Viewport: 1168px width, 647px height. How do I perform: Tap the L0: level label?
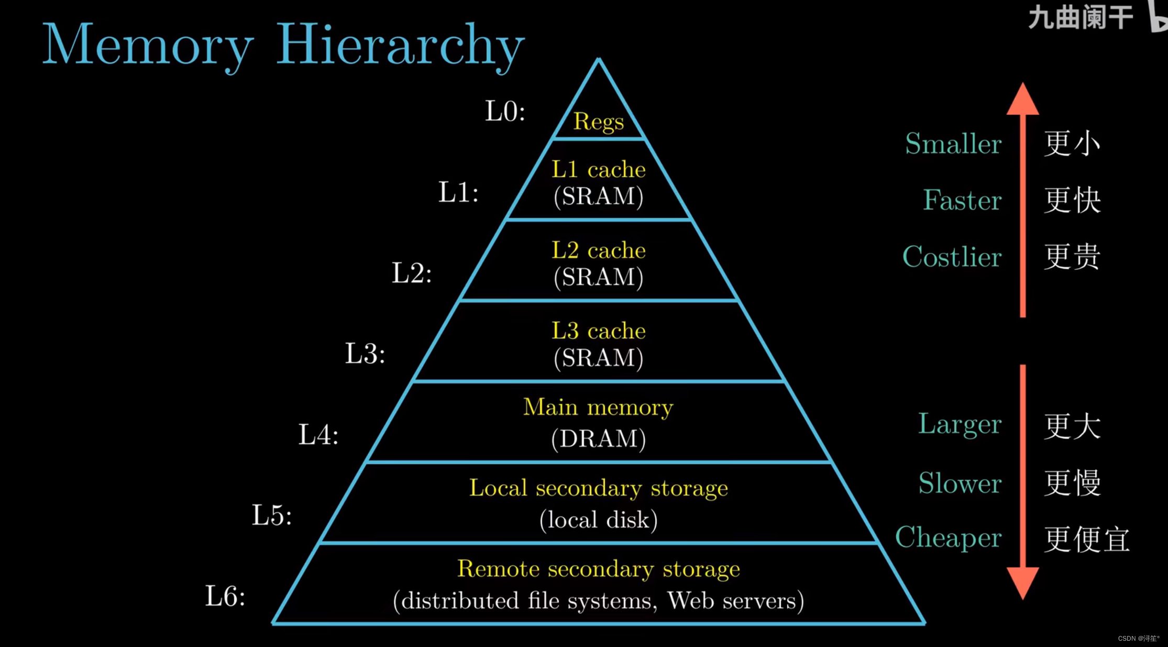pyautogui.click(x=505, y=111)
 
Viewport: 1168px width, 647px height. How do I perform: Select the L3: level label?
pyautogui.click(x=365, y=353)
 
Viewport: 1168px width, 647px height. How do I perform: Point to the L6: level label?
pyautogui.click(x=225, y=596)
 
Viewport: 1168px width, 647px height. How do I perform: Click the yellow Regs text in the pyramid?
pyautogui.click(x=599, y=122)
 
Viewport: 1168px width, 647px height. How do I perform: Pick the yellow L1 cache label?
pyautogui.click(x=599, y=169)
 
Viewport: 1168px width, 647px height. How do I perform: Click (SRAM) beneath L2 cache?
pyautogui.click(x=599, y=277)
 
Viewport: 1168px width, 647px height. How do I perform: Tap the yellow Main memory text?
pyautogui.click(x=598, y=407)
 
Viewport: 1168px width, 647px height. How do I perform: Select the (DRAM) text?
pyautogui.click(x=599, y=438)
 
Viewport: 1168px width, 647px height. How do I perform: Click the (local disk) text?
pyautogui.click(x=599, y=520)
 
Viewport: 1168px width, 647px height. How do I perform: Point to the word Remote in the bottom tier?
pyautogui.click(x=498, y=568)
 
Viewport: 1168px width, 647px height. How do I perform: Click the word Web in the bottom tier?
pyautogui.click(x=691, y=600)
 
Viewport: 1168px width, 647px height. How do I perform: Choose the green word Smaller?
pyautogui.click(x=953, y=144)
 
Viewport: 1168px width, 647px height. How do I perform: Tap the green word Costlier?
pyautogui.click(x=952, y=257)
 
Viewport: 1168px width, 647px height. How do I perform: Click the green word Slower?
pyautogui.click(x=960, y=482)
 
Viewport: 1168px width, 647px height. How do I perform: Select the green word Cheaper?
pyautogui.click(x=949, y=538)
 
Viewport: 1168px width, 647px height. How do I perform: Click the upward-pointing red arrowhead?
pyautogui.click(x=1022, y=100)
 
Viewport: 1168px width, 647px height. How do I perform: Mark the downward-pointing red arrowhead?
pyautogui.click(x=1022, y=583)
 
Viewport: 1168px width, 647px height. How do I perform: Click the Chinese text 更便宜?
pyautogui.click(x=1087, y=539)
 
